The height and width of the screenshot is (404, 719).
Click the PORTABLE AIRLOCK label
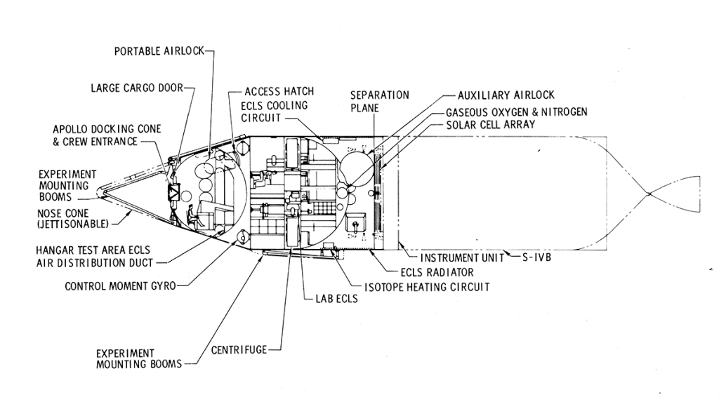click(159, 51)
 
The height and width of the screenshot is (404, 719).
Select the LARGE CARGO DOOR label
click(136, 88)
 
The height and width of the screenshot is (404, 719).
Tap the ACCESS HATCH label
click(279, 92)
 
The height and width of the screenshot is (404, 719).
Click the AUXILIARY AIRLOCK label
click(506, 95)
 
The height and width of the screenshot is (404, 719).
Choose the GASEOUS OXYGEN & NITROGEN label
click(517, 112)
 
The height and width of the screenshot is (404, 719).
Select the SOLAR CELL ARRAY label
click(491, 125)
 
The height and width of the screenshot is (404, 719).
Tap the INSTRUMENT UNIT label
click(461, 258)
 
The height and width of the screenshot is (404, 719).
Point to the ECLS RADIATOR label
click(437, 272)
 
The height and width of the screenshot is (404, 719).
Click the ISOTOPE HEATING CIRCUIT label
click(426, 287)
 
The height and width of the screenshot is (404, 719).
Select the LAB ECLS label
click(332, 299)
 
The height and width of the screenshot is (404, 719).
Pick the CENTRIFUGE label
click(239, 349)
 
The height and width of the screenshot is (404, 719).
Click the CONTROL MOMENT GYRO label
click(120, 286)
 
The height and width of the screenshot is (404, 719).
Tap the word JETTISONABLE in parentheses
click(73, 224)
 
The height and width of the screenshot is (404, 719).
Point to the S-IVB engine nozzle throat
click(650, 193)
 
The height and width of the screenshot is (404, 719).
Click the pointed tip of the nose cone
click(100, 187)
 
